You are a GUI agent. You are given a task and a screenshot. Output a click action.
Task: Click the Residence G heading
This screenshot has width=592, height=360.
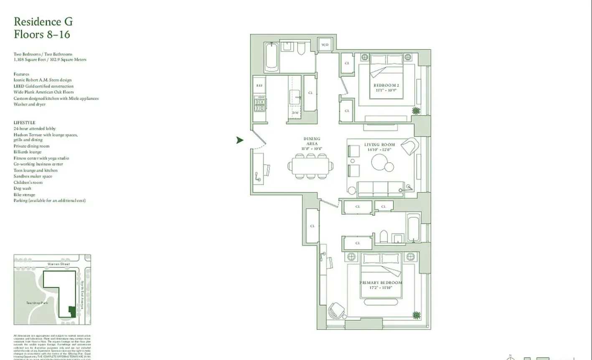coord(43,22)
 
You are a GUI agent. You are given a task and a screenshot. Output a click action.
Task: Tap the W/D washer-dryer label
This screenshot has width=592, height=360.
coord(325,45)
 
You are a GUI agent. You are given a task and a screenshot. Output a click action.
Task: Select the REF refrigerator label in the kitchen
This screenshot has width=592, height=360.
coord(259,85)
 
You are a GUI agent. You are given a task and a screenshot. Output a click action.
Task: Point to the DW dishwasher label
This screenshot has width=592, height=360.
coord(295,113)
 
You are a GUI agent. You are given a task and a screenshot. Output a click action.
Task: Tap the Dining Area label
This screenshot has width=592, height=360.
coord(312,141)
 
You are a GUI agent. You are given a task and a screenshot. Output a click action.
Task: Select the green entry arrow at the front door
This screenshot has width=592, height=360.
coord(240,140)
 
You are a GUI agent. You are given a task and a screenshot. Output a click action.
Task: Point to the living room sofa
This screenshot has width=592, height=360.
coord(381,189)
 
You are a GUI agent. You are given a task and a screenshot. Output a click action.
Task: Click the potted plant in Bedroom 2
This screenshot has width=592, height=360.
coord(416,111)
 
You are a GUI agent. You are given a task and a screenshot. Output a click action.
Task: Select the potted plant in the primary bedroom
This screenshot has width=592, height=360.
coord(416,315)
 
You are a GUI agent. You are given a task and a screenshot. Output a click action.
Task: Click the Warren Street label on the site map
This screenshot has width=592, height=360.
coord(58,264)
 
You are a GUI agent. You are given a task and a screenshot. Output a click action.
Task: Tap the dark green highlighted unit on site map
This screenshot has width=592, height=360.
coord(72,312)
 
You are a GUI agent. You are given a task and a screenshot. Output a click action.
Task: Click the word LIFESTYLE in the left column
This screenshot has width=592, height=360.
coord(24,123)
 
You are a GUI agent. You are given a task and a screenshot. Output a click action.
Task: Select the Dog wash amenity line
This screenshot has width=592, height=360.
coord(22,188)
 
